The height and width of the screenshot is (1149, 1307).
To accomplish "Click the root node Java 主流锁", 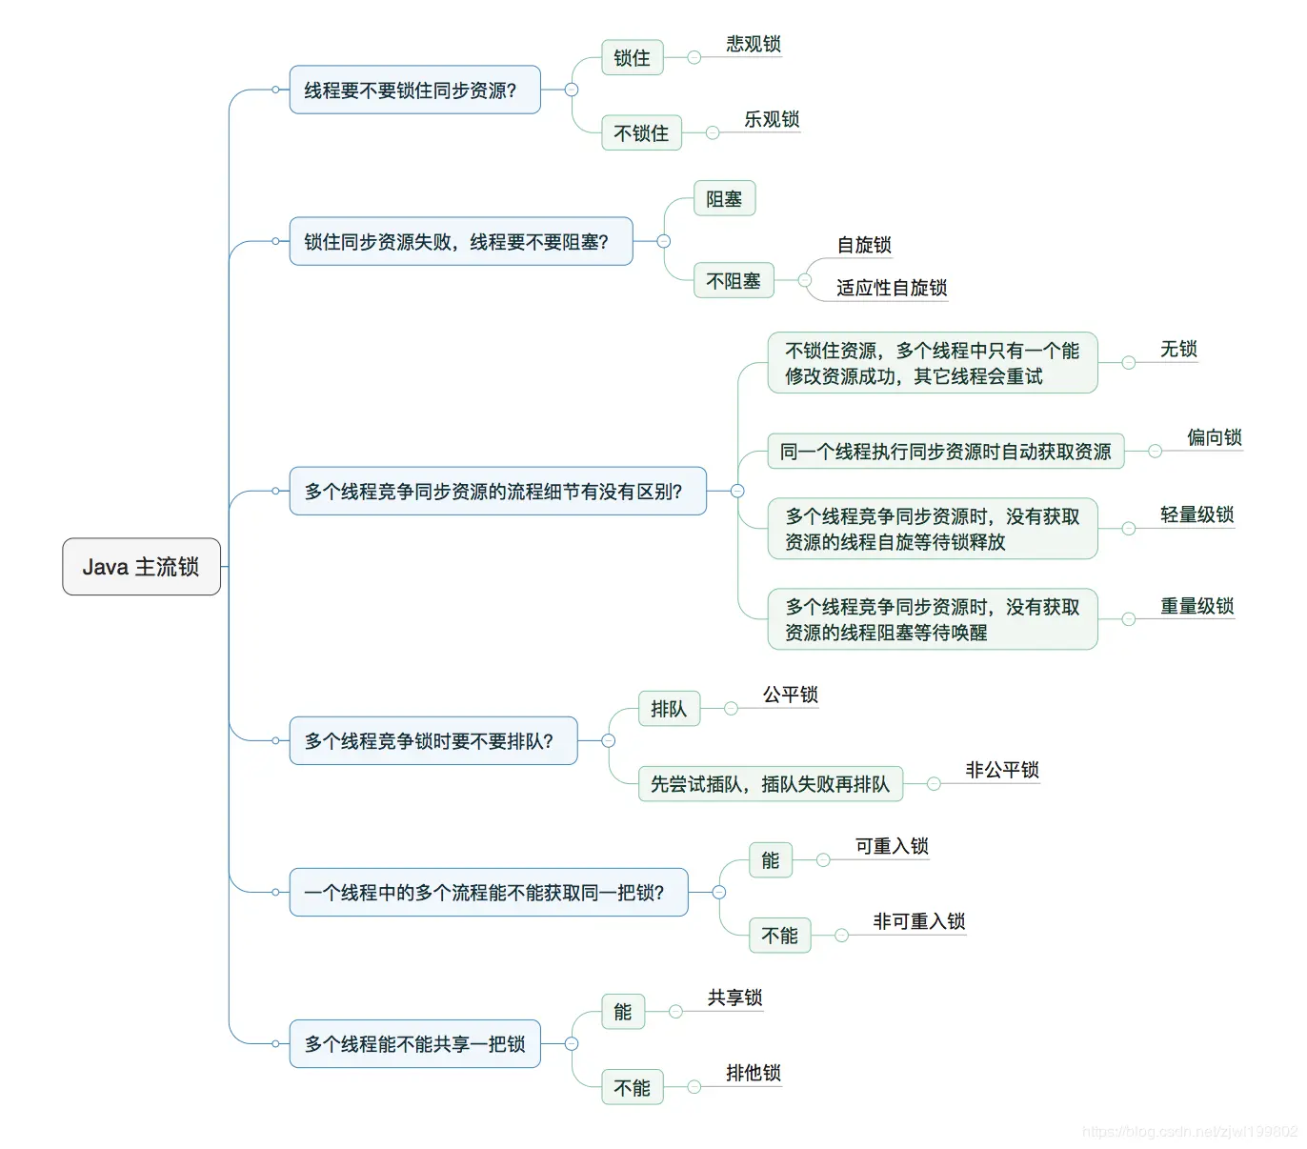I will pos(141,567).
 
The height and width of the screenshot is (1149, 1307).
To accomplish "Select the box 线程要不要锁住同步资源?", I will pos(414,91).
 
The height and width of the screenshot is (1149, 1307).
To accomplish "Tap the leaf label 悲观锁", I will pos(753,44).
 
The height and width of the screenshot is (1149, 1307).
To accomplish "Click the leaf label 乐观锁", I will pos(771,119).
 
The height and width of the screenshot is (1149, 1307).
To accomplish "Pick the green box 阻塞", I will pos(724,199).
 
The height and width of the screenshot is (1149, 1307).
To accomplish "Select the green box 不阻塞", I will pos(733,281).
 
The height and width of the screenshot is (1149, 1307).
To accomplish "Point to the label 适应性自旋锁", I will pos(891,288).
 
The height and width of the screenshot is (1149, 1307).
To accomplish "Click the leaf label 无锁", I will pos(1178,349).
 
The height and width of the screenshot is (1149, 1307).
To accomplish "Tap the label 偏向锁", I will pos(1214,437).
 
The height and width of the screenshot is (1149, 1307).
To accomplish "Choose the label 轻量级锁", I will pos(1196,514).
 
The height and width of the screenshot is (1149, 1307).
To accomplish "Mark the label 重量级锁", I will pos(1196,606).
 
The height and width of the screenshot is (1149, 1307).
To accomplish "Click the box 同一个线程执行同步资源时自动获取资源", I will pos(945,452).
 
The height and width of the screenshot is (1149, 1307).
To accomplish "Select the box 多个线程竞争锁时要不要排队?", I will pos(432,741).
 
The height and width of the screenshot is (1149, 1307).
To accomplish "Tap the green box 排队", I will pos(669,709).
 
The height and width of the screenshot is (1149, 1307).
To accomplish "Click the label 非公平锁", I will pos(1001,770).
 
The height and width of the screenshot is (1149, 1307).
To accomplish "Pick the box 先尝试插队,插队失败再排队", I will pos(770,784).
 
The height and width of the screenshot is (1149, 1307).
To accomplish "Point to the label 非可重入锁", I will pos(918,921).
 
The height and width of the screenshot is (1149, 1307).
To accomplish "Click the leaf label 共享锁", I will pos(734,998).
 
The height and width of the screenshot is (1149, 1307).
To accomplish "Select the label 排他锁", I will pos(753,1073).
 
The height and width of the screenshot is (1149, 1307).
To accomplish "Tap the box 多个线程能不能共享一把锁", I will pos(414,1044).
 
